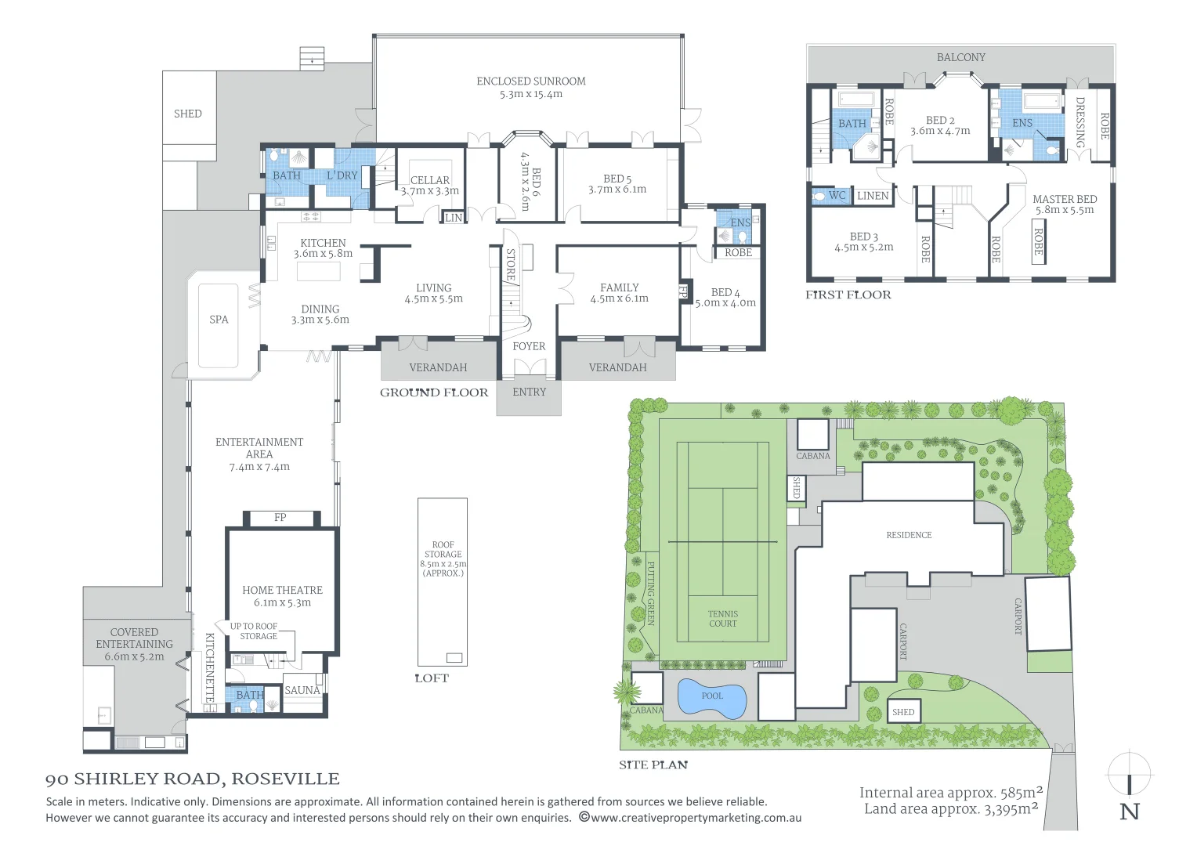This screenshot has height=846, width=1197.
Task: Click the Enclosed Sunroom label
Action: click(x=530, y=81)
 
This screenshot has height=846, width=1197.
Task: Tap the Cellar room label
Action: click(x=430, y=180)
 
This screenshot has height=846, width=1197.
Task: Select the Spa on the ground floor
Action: click(x=219, y=320)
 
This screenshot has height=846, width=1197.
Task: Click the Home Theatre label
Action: click(x=282, y=591)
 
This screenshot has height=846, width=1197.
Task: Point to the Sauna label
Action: click(x=302, y=690)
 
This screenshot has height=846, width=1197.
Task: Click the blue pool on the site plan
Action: click(x=712, y=697)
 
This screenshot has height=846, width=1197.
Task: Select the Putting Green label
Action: click(x=651, y=592)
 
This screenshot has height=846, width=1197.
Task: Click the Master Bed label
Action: click(x=1064, y=200)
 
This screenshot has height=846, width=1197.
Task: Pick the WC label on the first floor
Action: click(x=837, y=196)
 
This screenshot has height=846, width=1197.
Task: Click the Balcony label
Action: click(x=960, y=57)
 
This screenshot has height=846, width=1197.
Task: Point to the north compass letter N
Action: click(x=1129, y=812)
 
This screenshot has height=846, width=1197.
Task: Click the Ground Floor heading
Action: click(x=434, y=392)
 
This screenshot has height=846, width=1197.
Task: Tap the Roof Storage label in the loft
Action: click(x=443, y=550)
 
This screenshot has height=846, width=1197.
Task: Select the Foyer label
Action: click(x=529, y=346)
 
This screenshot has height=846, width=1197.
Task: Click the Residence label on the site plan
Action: click(x=909, y=535)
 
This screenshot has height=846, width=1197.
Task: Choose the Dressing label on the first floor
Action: click(x=1079, y=122)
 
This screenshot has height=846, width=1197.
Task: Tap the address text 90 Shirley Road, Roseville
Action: click(x=193, y=779)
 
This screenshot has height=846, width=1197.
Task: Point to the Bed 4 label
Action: click(x=725, y=292)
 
